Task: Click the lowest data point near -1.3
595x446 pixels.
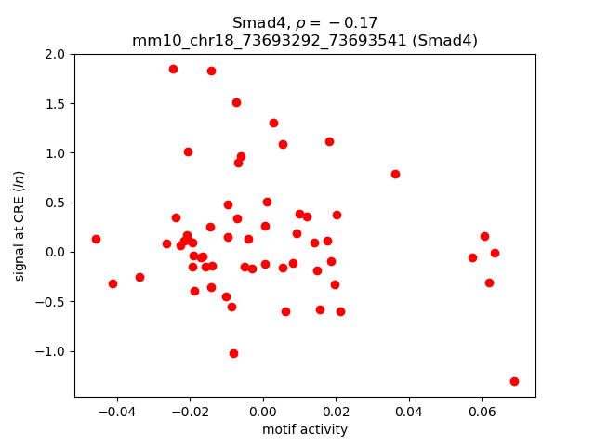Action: click(514, 381)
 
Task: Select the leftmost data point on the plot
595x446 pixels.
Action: click(96, 239)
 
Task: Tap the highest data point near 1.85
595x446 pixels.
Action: click(173, 69)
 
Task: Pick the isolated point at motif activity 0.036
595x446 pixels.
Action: click(395, 174)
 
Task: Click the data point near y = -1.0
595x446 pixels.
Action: click(233, 353)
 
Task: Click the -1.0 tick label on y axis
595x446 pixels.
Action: click(53, 351)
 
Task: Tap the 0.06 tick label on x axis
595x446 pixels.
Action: click(482, 410)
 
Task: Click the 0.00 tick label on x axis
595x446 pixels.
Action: click(263, 410)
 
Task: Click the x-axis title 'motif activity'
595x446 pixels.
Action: click(305, 429)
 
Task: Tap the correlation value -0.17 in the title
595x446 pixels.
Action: click(354, 22)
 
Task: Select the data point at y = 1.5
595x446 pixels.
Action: click(236, 102)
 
